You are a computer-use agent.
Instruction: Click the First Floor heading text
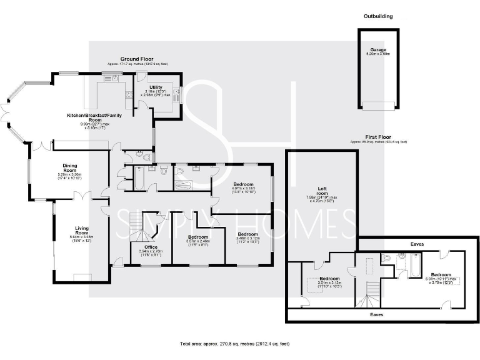click(x=379, y=137)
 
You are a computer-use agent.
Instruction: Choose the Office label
click(x=151, y=247)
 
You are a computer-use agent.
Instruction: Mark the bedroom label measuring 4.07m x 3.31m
click(x=242, y=184)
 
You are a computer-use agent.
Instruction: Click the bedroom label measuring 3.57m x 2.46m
click(x=198, y=237)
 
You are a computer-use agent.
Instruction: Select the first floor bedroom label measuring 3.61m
click(x=329, y=278)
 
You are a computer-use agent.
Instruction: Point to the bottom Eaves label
click(x=377, y=314)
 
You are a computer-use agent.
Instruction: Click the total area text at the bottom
click(x=235, y=344)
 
